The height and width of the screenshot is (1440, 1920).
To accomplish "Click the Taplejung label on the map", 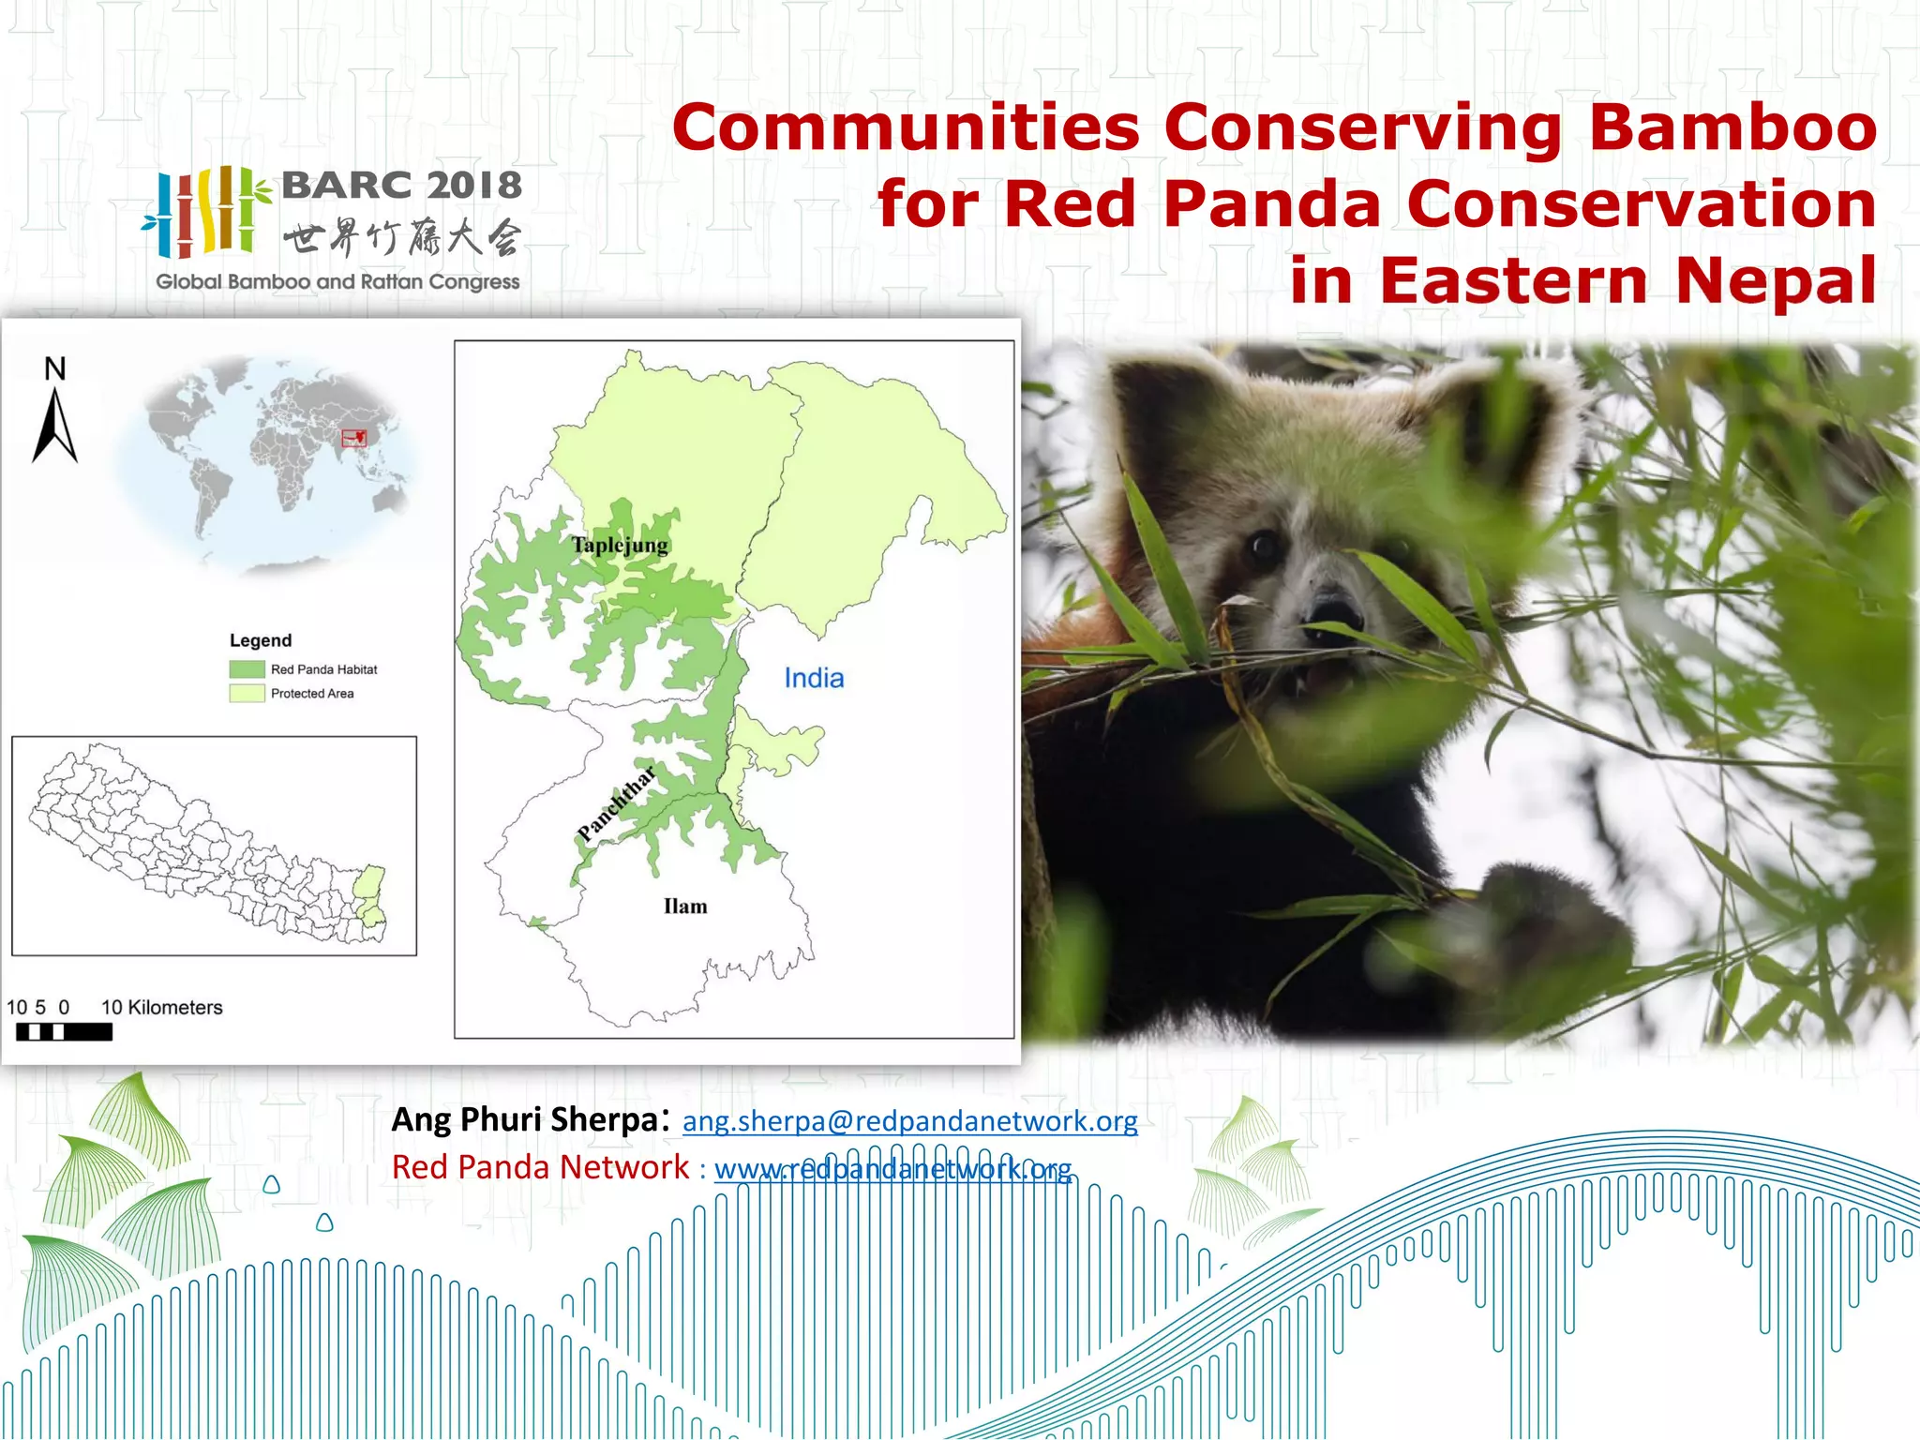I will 620,545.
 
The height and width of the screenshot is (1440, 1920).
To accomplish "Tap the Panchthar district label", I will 616,804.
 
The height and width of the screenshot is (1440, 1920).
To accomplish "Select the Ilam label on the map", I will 685,907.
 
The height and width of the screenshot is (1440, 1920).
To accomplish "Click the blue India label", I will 814,678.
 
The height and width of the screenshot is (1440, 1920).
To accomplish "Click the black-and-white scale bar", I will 64,1032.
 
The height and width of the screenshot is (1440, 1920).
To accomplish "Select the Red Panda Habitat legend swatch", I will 247,669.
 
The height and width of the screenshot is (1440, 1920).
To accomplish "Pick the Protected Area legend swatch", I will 247,694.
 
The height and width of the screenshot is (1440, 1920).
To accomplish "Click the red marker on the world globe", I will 354,437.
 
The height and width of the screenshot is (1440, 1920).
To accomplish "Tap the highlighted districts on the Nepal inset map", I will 371,895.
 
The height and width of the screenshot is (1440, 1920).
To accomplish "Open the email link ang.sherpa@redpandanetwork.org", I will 909,1121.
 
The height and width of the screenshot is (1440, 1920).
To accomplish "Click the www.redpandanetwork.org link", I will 892,1169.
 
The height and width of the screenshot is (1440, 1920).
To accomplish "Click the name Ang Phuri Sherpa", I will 525,1119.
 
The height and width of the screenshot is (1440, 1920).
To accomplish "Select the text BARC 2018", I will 401,185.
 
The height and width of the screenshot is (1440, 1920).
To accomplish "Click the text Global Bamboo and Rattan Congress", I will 337,281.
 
